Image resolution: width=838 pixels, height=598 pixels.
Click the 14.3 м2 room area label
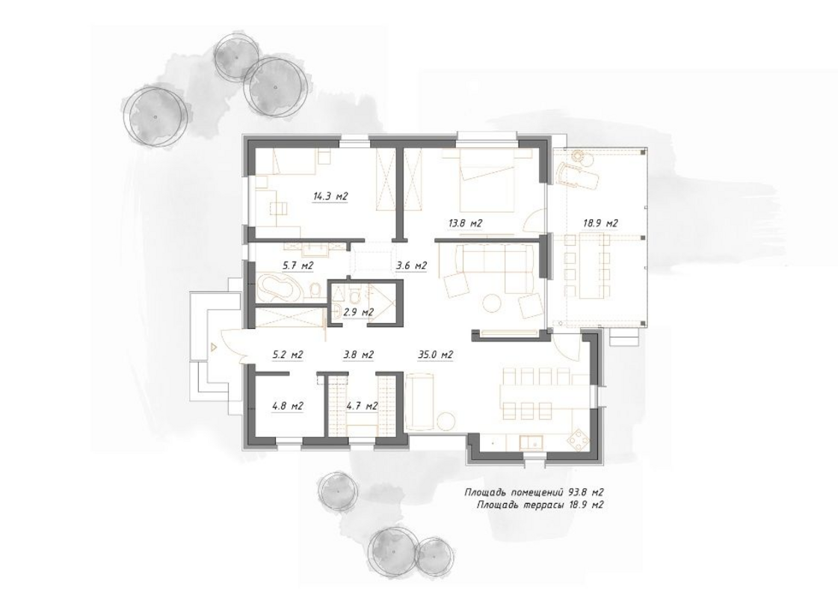pyautogui.click(x=330, y=196)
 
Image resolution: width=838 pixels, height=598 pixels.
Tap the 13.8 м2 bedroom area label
pyautogui.click(x=465, y=224)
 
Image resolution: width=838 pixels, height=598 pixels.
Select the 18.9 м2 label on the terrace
pyautogui.click(x=600, y=224)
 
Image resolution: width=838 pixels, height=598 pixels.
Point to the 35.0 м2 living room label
pyautogui.click(x=436, y=354)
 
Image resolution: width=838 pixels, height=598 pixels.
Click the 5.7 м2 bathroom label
pyautogui.click(x=298, y=265)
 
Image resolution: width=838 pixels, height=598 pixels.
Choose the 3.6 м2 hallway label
pyautogui.click(x=411, y=265)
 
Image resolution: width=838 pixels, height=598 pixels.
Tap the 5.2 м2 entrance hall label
pyautogui.click(x=288, y=354)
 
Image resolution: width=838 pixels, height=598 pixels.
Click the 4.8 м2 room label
pyautogui.click(x=288, y=406)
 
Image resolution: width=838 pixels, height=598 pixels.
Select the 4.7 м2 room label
pyautogui.click(x=362, y=406)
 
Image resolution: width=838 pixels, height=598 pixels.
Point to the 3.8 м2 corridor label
pyautogui.click(x=358, y=354)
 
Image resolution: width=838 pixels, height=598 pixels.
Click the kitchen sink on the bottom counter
pyautogui.click(x=532, y=442)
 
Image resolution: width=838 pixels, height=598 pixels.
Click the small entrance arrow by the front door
pyautogui.click(x=213, y=347)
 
